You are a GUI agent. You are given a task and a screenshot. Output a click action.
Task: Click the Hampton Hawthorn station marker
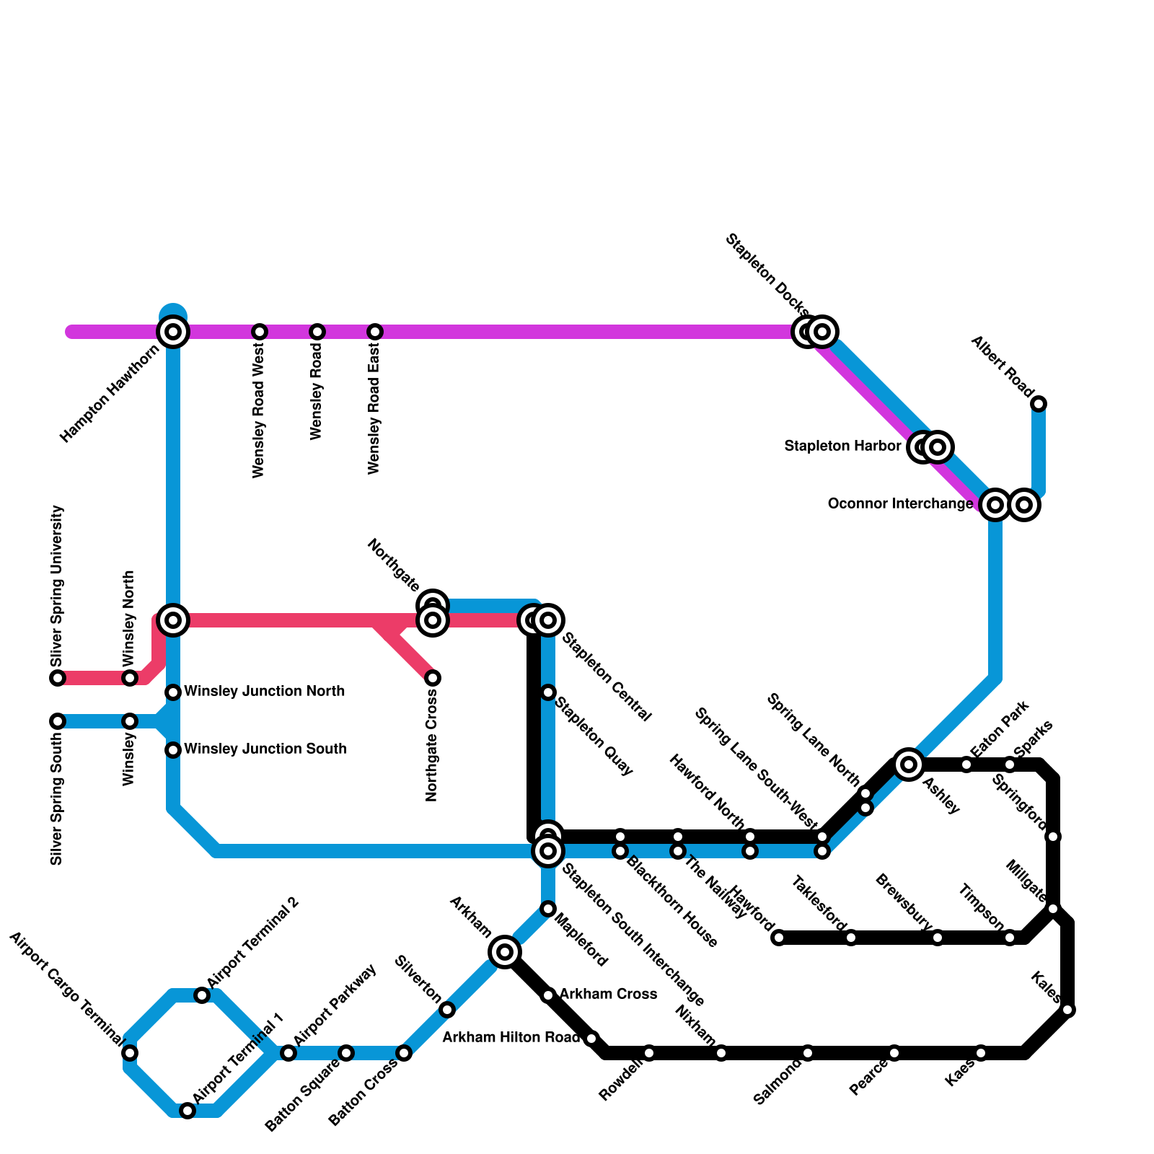pyautogui.click(x=173, y=332)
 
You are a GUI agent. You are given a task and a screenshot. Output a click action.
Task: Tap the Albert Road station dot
pyautogui.click(x=1039, y=404)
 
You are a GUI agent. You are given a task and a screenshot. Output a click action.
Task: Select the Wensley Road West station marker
pyautogui.click(x=260, y=332)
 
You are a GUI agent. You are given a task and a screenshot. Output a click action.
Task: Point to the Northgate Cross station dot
pyautogui.click(x=433, y=678)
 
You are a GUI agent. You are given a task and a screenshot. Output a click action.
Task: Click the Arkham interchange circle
pyautogui.click(x=505, y=952)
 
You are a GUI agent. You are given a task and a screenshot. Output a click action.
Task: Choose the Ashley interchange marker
pyautogui.click(x=909, y=765)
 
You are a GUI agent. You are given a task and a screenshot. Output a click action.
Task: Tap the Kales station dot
pyautogui.click(x=1068, y=1010)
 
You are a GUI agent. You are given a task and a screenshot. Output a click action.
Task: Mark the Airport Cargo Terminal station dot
pyautogui.click(x=130, y=1053)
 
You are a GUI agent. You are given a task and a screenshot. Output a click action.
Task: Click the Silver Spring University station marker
pyautogui.click(x=58, y=678)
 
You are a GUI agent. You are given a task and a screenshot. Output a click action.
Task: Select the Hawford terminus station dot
pyautogui.click(x=779, y=938)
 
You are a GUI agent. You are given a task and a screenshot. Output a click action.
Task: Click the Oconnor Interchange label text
pyautogui.click(x=900, y=504)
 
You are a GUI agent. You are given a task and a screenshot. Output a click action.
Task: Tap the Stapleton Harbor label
pyautogui.click(x=842, y=446)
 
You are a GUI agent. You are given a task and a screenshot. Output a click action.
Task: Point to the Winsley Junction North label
pyautogui.click(x=264, y=692)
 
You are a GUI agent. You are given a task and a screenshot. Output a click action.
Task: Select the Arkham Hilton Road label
pyautogui.click(x=511, y=1038)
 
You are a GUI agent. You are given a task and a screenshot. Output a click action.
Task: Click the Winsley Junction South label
pyautogui.click(x=265, y=749)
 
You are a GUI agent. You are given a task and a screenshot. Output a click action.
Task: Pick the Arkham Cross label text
pyautogui.click(x=608, y=995)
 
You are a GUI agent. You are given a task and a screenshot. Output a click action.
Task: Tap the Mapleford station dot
pyautogui.click(x=548, y=909)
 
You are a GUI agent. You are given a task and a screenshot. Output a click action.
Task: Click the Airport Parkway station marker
pyautogui.click(x=288, y=1053)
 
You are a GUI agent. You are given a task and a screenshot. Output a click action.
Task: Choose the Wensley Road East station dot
pyautogui.click(x=375, y=332)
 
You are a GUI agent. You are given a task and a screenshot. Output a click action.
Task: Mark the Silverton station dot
pyautogui.click(x=447, y=1010)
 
